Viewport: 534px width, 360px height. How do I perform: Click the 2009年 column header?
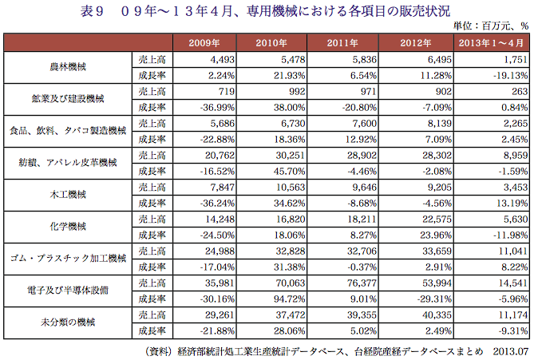point(204,43)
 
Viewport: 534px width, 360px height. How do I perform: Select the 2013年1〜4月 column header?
point(491,43)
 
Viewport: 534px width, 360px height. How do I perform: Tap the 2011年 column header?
point(342,43)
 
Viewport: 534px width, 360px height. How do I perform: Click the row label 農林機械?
point(68,67)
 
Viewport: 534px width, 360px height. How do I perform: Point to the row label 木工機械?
point(68,195)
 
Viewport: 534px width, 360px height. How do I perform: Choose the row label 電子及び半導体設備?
point(68,291)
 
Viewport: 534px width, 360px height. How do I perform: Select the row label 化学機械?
point(68,227)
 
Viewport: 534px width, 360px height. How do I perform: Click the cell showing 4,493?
point(223,60)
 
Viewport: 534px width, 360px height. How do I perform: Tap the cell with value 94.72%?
point(289,299)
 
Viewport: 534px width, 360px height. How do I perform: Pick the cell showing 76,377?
point(362,283)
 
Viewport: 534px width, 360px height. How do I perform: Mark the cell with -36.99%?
point(217,108)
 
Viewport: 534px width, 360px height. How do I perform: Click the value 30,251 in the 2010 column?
point(291,156)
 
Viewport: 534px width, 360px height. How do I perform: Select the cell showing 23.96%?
point(436,235)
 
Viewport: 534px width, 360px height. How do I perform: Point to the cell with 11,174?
point(513,315)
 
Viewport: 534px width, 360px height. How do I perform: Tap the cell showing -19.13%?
point(510,76)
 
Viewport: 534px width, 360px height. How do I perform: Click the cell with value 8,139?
point(440,123)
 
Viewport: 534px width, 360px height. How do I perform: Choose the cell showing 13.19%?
point(512,204)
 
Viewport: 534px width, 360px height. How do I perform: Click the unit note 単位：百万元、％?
point(491,26)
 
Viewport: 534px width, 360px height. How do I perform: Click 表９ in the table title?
point(92,11)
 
